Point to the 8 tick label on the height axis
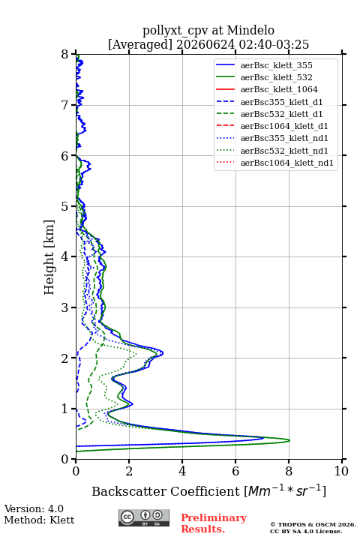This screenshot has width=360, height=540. [65, 54]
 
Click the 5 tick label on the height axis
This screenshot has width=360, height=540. [65, 206]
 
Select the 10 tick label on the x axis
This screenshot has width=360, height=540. [341, 471]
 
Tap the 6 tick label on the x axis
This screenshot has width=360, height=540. [235, 471]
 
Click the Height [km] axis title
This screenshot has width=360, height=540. [49, 257]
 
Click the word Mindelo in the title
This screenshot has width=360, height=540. [250, 30]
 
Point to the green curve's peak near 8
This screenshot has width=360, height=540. [289, 440]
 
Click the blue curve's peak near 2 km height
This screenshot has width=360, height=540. [163, 353]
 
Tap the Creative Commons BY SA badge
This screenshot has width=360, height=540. [144, 517]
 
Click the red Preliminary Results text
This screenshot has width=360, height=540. [214, 523]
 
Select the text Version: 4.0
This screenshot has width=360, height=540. [34, 508]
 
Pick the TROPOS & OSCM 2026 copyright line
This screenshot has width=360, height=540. [313, 524]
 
